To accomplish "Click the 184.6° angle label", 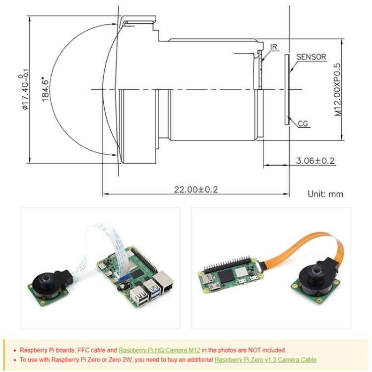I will [46, 89].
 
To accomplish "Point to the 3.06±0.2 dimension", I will [315, 161].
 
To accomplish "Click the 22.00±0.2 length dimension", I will [196, 189].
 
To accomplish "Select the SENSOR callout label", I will [311, 57].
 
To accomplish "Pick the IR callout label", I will [274, 47].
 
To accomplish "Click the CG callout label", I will [303, 124].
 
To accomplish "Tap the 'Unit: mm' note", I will [325, 194].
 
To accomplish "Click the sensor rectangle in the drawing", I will [287, 89].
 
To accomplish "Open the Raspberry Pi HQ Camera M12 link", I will [159, 350].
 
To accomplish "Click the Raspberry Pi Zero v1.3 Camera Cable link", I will [265, 360].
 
